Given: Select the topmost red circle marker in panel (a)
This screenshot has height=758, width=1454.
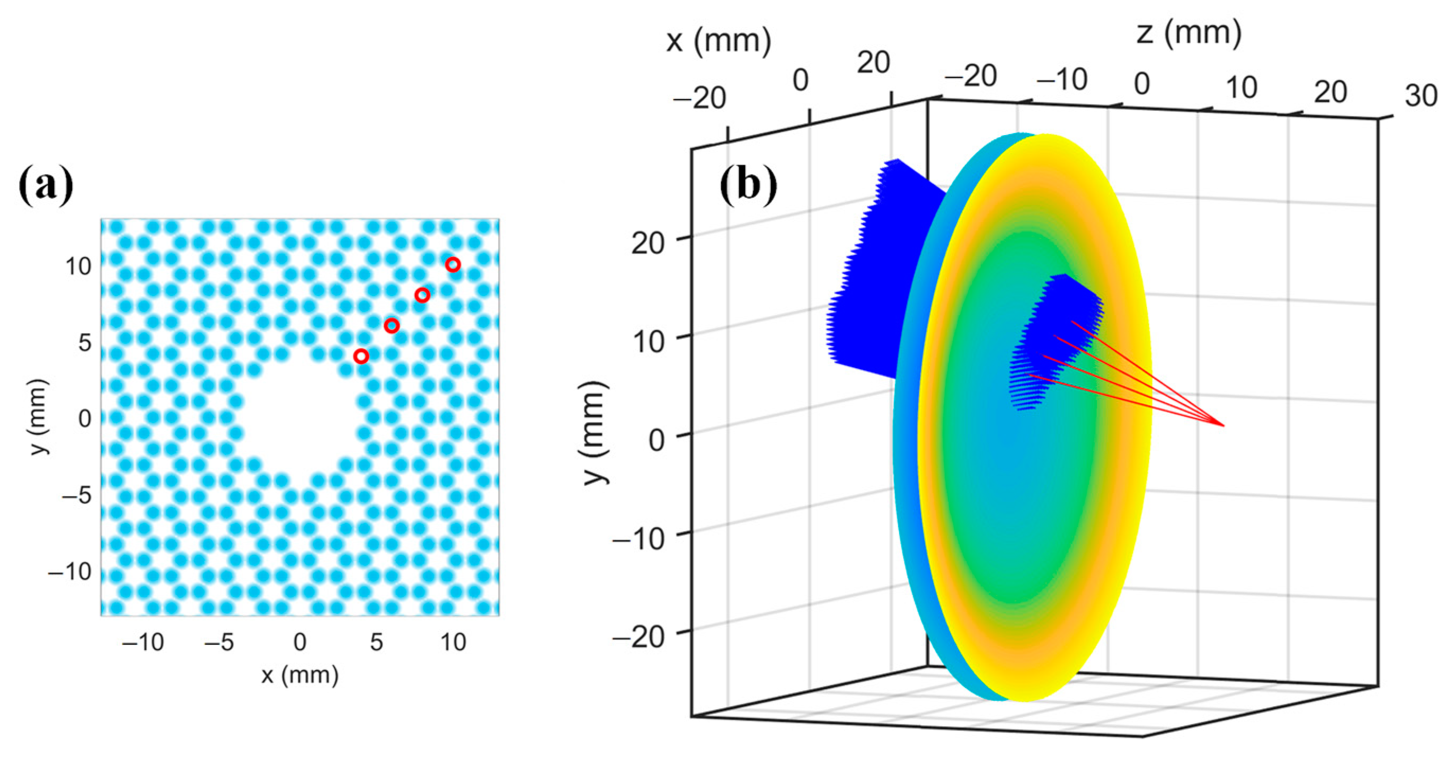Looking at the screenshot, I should pyautogui.click(x=453, y=265).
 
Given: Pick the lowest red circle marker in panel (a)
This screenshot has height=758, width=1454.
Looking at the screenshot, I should pyautogui.click(x=361, y=356).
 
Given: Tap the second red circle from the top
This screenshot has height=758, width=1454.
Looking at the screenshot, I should pyautogui.click(x=422, y=295).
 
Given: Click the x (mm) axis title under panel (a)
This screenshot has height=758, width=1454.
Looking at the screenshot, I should pyautogui.click(x=300, y=675).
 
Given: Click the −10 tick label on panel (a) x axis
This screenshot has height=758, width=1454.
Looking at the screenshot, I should pyautogui.click(x=143, y=643).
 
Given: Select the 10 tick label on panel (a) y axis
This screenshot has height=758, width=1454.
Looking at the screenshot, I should pyautogui.click(x=78, y=266).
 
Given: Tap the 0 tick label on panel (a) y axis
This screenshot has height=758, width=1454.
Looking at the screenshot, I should pyautogui.click(x=85, y=419).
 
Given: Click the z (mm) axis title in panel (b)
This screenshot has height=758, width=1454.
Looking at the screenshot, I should pyautogui.click(x=1189, y=33).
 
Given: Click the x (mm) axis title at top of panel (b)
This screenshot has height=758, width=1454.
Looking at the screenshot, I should pyautogui.click(x=719, y=41).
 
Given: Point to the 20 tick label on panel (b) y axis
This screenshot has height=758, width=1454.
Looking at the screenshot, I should pyautogui.click(x=648, y=244).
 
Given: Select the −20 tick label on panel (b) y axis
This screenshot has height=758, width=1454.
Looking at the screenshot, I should pyautogui.click(x=639, y=638).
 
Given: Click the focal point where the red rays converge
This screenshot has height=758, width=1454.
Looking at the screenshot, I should pyautogui.click(x=1223, y=425).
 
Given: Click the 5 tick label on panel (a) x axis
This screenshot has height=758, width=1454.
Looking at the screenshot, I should pyautogui.click(x=376, y=643).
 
